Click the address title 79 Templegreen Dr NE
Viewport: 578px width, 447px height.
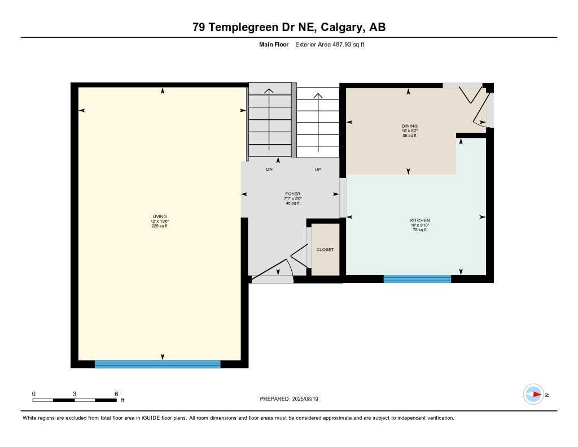(289, 27)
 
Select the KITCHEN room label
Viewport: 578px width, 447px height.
(420, 220)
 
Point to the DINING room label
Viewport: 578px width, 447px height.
(410, 126)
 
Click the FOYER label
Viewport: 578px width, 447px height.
(292, 194)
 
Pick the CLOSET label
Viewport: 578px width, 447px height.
(325, 249)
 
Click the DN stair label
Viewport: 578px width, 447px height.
(269, 170)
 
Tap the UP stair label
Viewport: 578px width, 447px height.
(318, 170)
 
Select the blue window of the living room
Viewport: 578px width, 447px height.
(157, 364)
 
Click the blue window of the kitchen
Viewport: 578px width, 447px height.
(417, 279)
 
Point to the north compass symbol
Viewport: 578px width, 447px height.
(534, 394)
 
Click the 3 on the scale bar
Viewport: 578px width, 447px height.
(75, 393)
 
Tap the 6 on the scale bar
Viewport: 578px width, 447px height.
(116, 393)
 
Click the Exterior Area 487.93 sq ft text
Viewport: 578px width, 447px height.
(330, 44)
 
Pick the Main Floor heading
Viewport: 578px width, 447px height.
(274, 44)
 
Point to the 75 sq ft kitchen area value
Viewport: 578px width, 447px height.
(420, 229)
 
